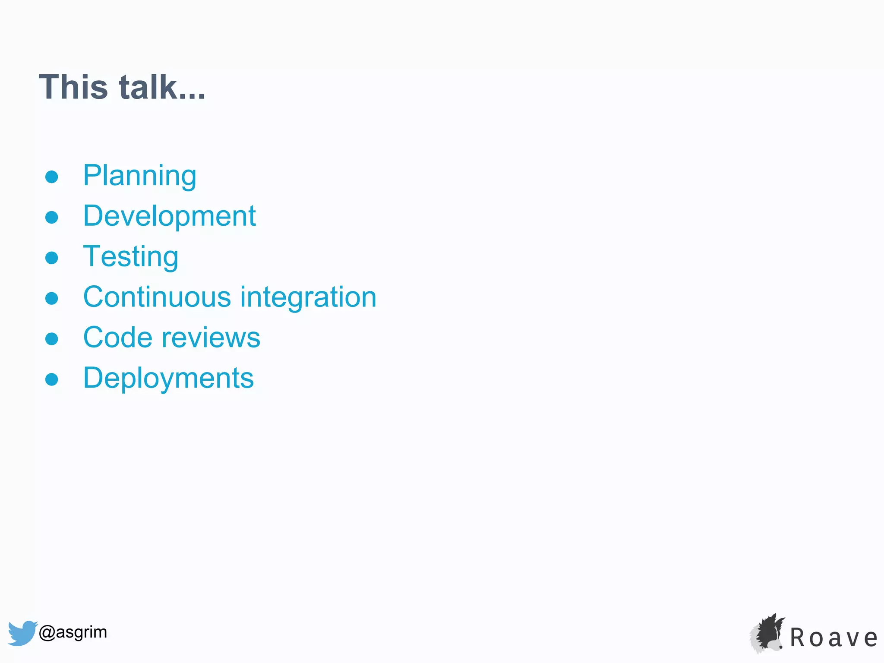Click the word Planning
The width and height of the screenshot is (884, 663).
pyautogui.click(x=139, y=176)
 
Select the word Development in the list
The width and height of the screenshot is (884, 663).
pyautogui.click(x=169, y=216)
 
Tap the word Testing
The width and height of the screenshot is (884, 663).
pyautogui.click(x=130, y=256)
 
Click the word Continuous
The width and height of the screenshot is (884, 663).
pyautogui.click(x=157, y=297)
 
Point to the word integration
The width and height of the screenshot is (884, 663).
pyautogui.click(x=308, y=297)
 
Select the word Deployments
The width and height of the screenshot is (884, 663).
pyautogui.click(x=168, y=378)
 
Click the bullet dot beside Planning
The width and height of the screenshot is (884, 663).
pyautogui.click(x=52, y=177)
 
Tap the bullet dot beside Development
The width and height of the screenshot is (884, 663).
pyautogui.click(x=52, y=217)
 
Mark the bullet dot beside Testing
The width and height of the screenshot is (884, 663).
pyautogui.click(x=52, y=258)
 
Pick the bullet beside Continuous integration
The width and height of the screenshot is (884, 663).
pyautogui.click(x=52, y=298)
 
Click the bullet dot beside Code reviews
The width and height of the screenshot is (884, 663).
pyautogui.click(x=52, y=339)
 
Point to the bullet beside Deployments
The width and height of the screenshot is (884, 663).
pyautogui.click(x=52, y=379)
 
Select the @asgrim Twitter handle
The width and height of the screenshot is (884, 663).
pyautogui.click(x=73, y=632)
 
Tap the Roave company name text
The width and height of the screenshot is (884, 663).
pyautogui.click(x=833, y=638)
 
